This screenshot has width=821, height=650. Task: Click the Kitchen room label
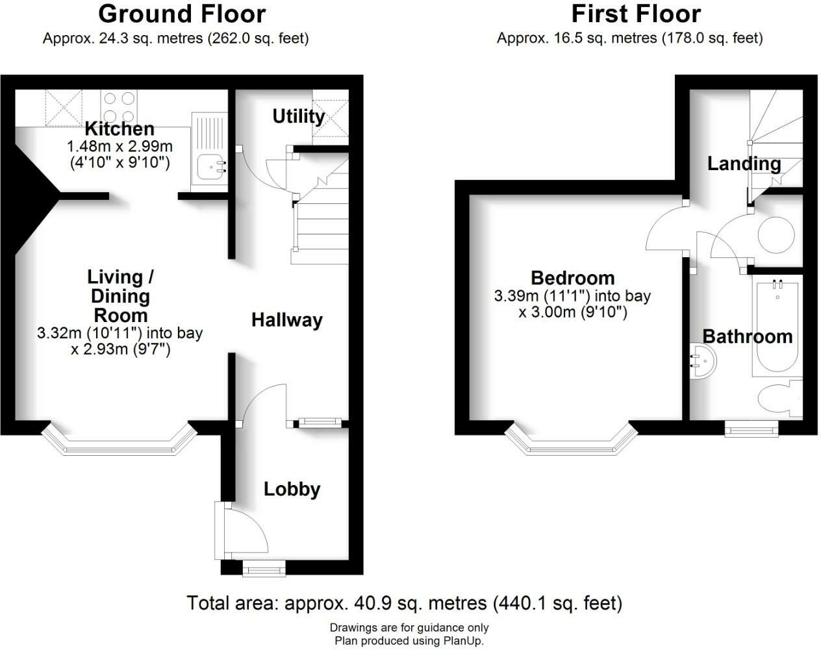pos(120,129)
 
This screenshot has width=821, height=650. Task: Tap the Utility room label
pos(298,116)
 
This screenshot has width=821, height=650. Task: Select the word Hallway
pos(287,320)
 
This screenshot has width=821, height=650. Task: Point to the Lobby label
pos(292,489)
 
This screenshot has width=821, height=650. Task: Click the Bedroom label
pos(572,278)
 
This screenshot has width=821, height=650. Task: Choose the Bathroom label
pos(748,336)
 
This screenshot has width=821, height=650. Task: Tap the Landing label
pos(744,164)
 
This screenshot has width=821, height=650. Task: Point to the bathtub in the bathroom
pos(777,328)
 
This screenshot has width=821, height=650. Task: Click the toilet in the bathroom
pos(780,398)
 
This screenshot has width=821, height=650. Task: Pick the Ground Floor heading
pos(182,14)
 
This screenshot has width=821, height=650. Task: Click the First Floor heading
pos(636,14)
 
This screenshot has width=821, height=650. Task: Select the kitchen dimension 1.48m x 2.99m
pos(120,146)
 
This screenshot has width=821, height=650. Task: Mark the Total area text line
pos(404,603)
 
